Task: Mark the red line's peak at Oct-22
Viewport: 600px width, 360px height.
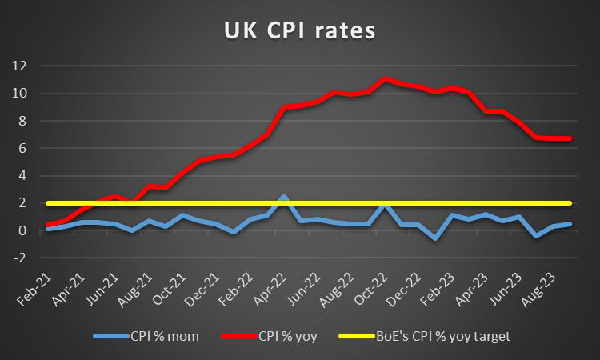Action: pyautogui.click(x=386, y=78)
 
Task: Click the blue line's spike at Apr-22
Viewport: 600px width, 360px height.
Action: pyautogui.click(x=283, y=195)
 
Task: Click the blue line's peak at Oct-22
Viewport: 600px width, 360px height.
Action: pyautogui.click(x=386, y=203)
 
